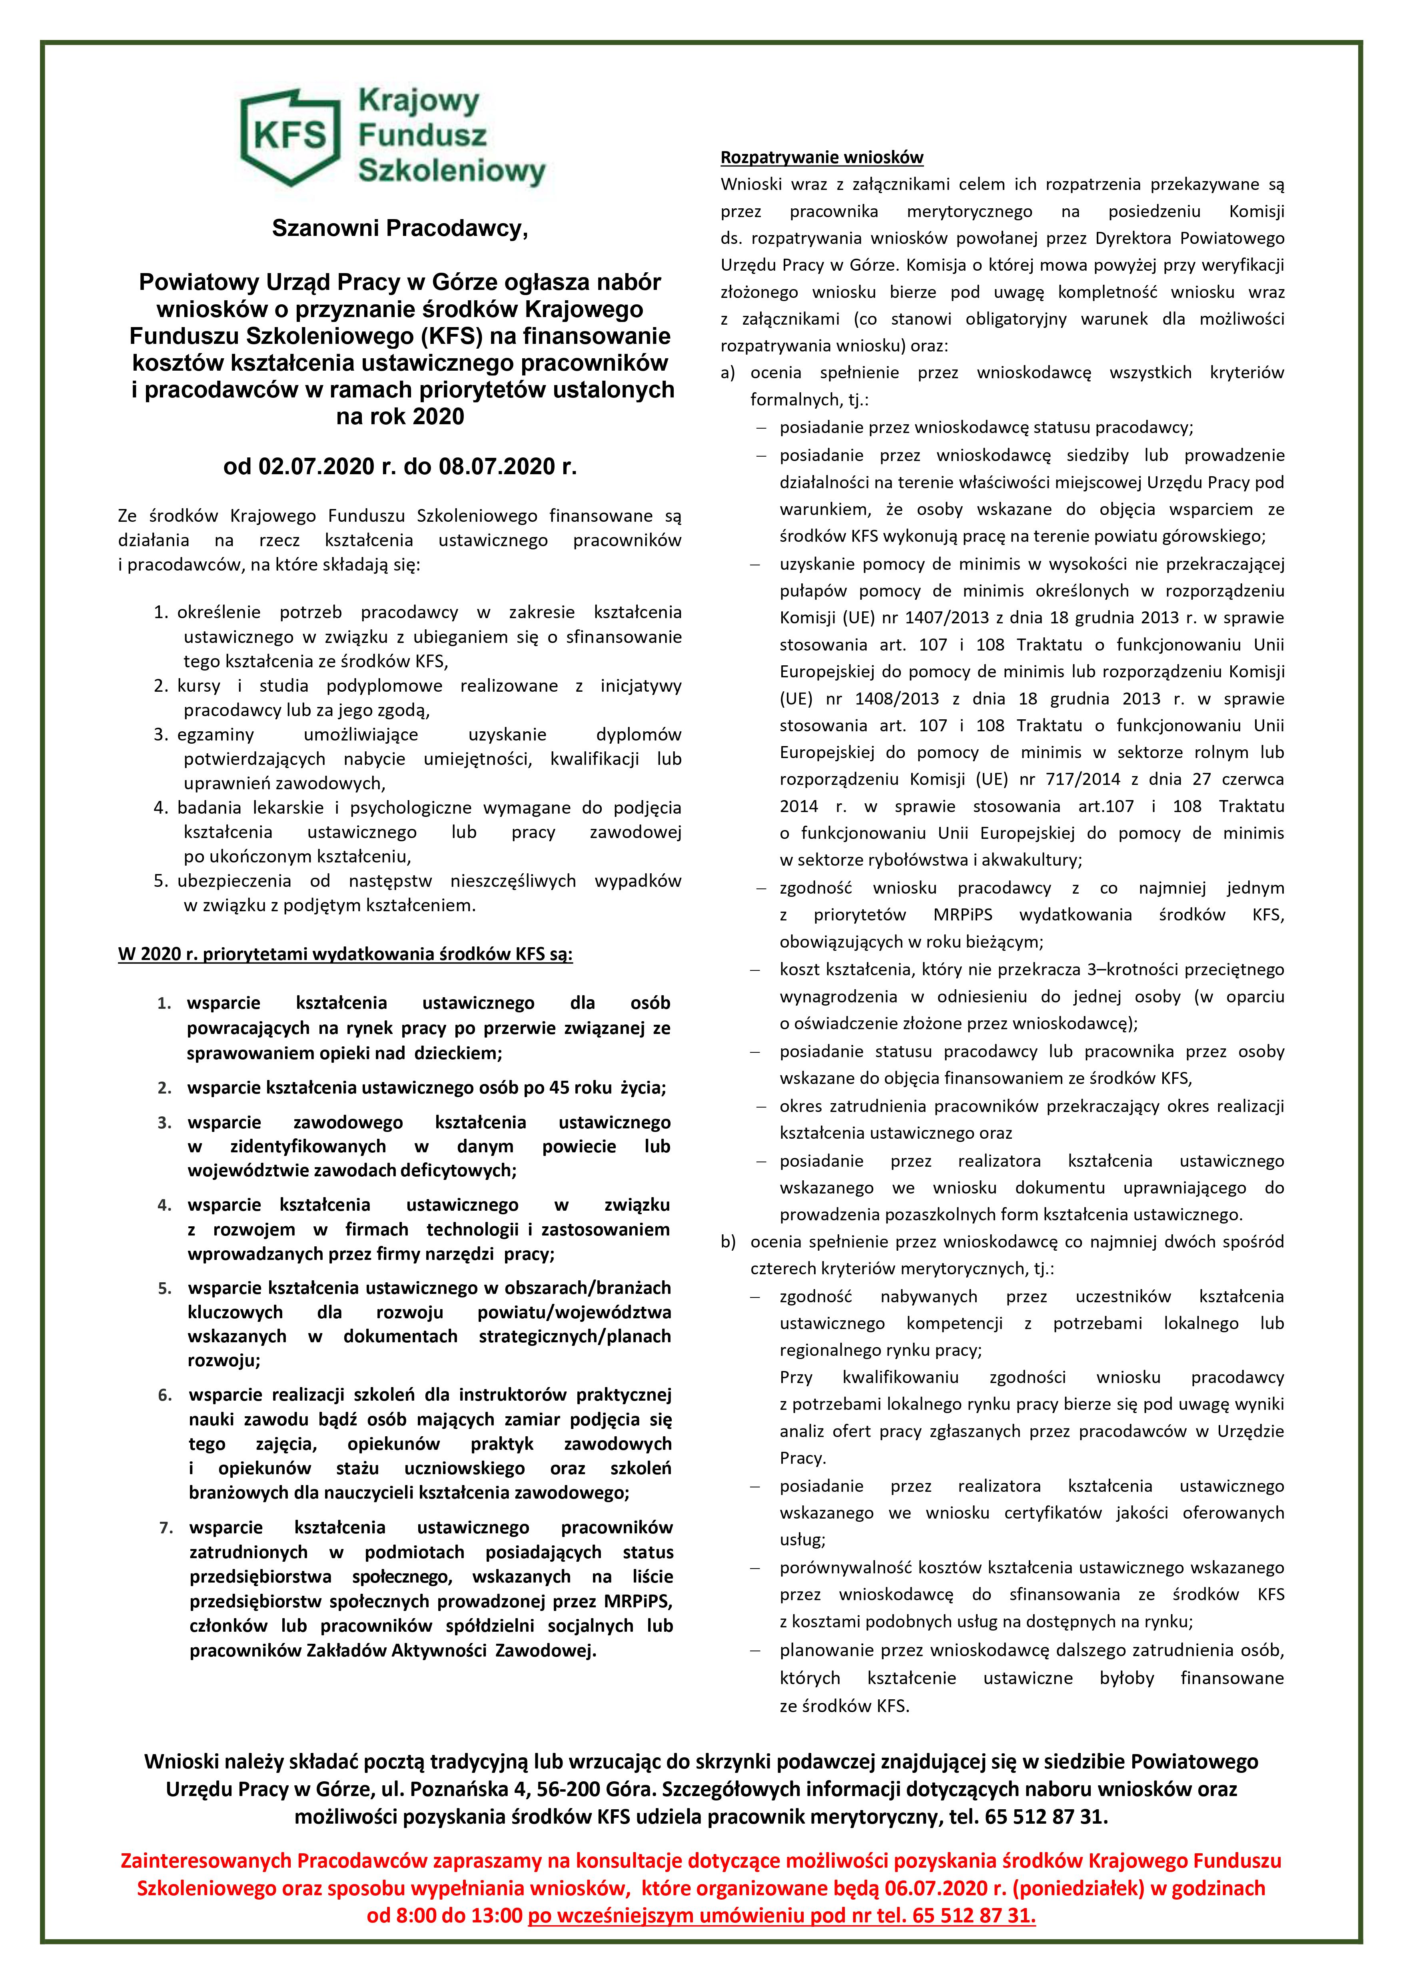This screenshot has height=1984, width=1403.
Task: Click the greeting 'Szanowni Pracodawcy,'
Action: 399,228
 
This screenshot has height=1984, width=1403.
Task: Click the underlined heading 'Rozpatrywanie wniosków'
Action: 822,157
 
